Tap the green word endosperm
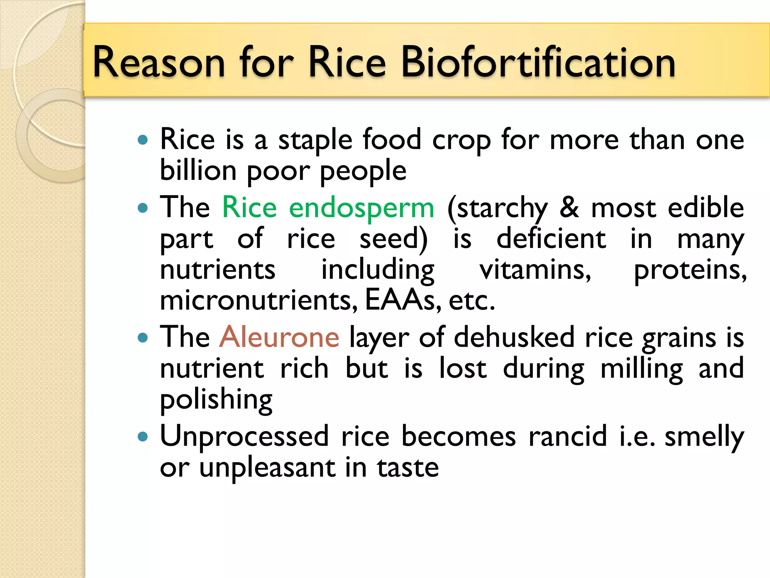(361, 208)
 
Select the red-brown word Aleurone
(279, 337)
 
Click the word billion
(198, 170)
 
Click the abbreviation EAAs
(400, 300)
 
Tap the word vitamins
(535, 270)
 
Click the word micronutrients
(259, 300)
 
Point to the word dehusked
(514, 337)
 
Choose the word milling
(641, 369)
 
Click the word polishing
(216, 400)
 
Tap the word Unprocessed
(244, 437)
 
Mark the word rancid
(568, 437)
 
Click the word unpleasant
(267, 468)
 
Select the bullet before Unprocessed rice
(143, 437)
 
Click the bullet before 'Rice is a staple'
(143, 140)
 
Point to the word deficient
(551, 239)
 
